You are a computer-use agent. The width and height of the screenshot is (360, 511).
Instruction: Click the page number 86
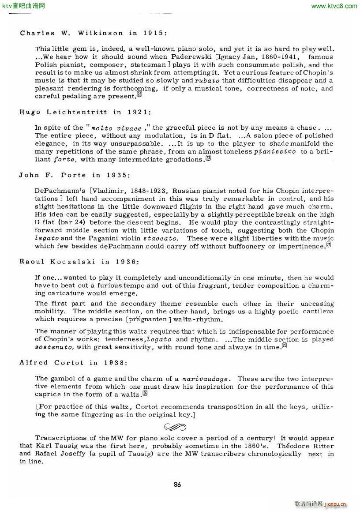click(x=177, y=485)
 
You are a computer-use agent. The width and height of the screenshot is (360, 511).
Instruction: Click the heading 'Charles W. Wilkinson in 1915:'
click(x=94, y=33)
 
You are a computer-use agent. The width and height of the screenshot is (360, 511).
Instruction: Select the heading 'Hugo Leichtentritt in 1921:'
click(x=85, y=112)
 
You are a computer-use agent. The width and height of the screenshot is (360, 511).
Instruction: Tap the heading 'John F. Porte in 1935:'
click(x=75, y=175)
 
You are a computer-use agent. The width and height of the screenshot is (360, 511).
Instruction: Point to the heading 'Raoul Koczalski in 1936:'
click(x=79, y=262)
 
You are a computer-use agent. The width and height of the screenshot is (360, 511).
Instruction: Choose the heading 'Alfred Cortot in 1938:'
click(x=73, y=362)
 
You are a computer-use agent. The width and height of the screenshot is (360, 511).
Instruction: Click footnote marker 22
click(x=139, y=94)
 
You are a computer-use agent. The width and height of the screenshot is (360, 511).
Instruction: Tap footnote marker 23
click(x=208, y=158)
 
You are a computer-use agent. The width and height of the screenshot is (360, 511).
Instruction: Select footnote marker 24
click(x=328, y=245)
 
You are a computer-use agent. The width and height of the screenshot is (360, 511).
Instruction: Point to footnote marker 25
click(x=285, y=346)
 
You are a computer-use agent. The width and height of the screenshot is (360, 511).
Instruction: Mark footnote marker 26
click(x=145, y=394)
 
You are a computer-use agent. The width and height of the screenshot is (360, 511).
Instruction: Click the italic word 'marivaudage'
click(x=206, y=379)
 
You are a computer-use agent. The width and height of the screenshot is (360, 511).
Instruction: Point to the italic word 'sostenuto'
click(x=51, y=347)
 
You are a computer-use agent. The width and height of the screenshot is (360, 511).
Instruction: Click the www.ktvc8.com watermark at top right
click(x=334, y=6)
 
